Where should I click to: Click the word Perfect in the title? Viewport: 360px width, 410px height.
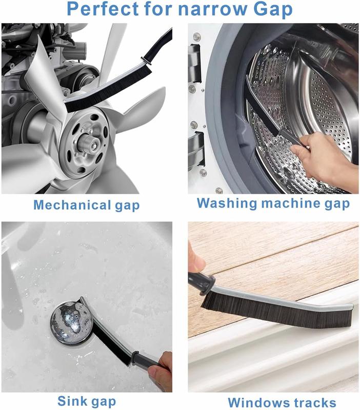(x=103, y=9)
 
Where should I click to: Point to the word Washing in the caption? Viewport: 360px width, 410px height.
(x=227, y=203)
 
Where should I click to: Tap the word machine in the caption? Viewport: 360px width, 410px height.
(x=291, y=203)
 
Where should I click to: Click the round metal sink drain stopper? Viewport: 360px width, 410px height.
(x=71, y=322)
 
